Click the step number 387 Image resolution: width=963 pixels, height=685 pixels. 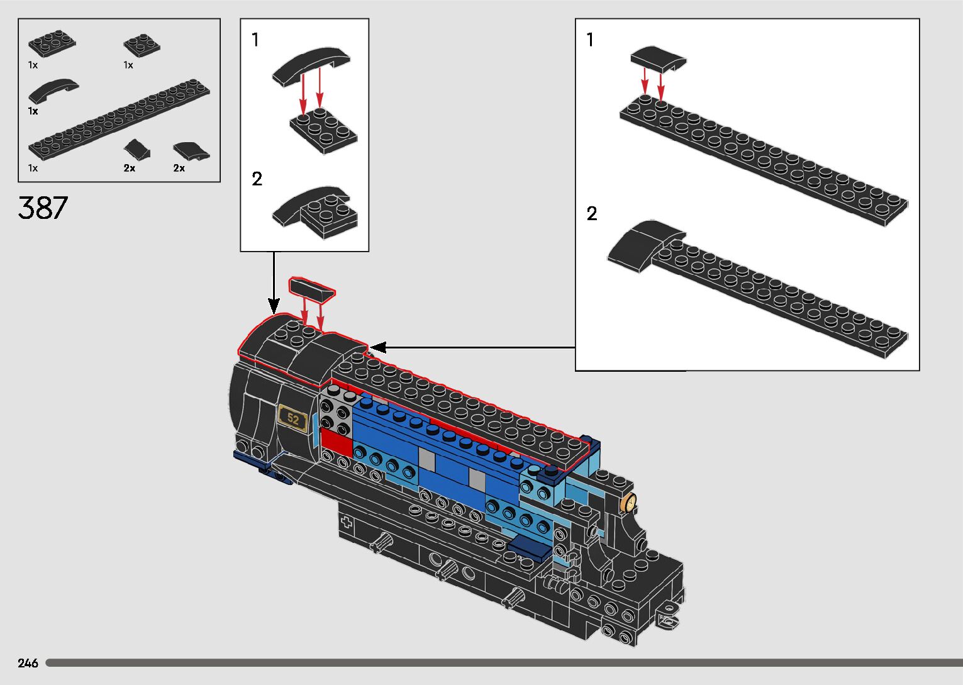[x=43, y=208]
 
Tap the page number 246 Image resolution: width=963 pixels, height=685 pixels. [x=28, y=663]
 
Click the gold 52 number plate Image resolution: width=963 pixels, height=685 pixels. [x=293, y=418]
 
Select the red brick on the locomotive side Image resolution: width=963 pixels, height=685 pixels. [x=337, y=442]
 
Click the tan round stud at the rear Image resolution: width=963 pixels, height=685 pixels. [x=628, y=503]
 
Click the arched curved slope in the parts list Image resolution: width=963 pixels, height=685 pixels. [x=53, y=91]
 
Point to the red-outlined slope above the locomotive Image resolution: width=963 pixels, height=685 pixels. [x=311, y=290]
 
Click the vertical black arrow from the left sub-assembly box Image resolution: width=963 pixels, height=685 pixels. [x=274, y=282]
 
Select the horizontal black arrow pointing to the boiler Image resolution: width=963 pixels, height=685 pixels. [x=472, y=347]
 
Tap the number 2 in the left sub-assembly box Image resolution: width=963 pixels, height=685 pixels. [x=257, y=179]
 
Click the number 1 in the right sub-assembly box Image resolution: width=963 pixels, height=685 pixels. [x=590, y=40]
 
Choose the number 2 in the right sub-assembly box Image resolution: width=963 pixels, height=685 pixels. [x=591, y=214]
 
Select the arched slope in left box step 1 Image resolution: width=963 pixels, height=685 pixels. [x=311, y=64]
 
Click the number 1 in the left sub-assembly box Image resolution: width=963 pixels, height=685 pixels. [x=255, y=40]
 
